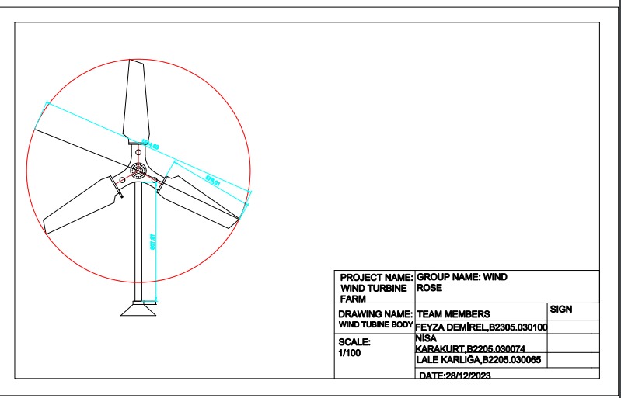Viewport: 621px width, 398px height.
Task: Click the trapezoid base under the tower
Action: (140, 309)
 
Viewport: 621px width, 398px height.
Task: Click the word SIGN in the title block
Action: (560, 309)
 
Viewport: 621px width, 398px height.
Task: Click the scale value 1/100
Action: (350, 353)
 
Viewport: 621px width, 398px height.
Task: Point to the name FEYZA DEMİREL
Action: (447, 327)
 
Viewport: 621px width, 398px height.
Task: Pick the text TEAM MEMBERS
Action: (453, 314)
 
